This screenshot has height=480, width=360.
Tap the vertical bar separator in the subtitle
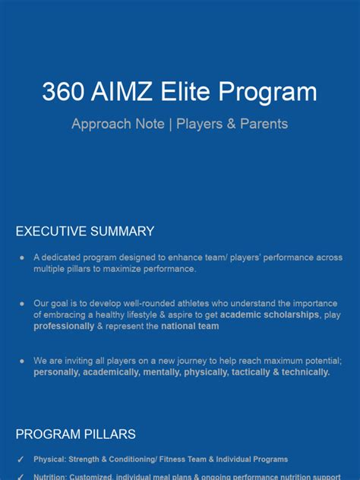tap(171, 123)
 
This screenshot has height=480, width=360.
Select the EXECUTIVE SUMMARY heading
tap(85, 232)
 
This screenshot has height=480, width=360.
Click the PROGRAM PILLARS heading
tap(76, 434)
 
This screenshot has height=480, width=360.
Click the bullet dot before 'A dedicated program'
tap(22, 258)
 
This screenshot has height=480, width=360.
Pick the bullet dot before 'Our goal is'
tap(22, 304)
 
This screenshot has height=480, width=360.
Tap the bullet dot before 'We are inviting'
tap(22, 361)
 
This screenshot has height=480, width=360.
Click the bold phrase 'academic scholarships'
tap(270, 314)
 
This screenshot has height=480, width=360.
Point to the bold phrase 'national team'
tap(189, 326)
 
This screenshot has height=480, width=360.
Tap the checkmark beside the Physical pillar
tap(21, 459)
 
